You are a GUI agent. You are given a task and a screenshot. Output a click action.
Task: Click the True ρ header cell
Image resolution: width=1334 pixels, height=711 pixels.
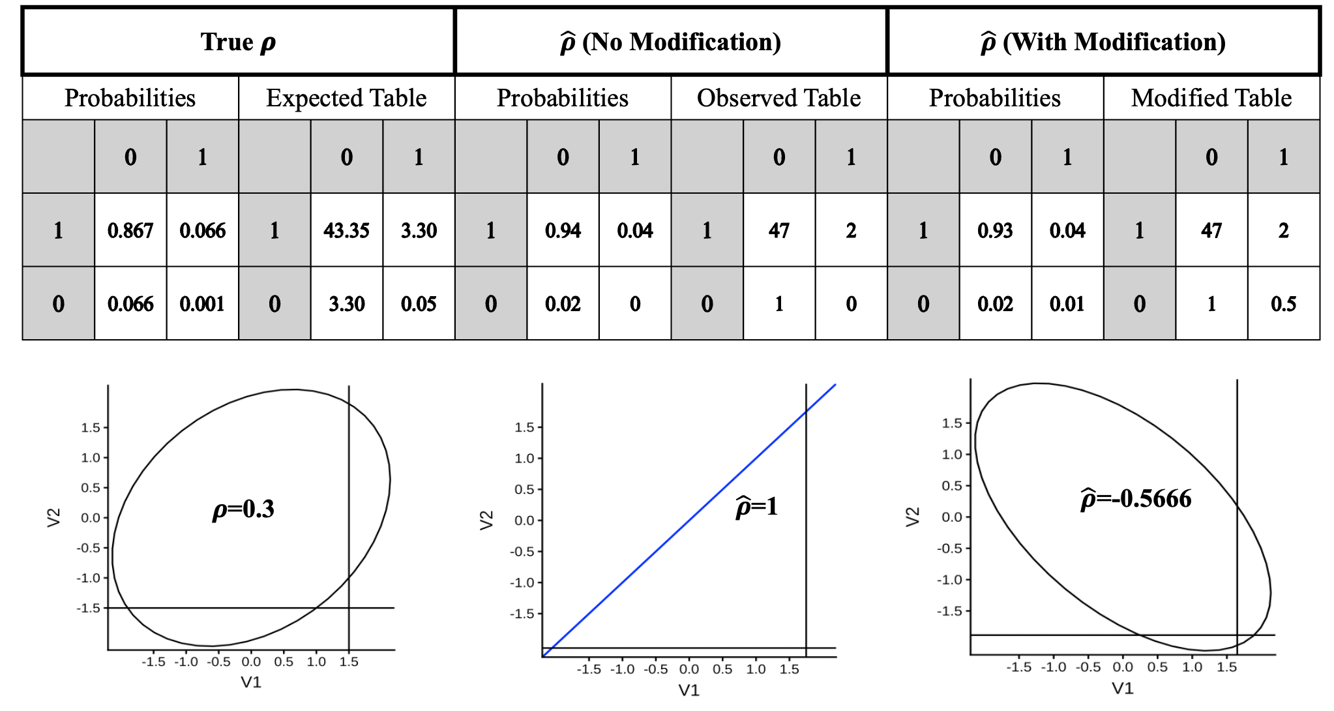(x=238, y=42)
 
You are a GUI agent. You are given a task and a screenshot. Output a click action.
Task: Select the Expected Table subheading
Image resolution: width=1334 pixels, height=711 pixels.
(x=346, y=98)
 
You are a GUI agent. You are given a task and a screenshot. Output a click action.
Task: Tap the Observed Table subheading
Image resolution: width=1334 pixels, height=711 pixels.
(x=778, y=98)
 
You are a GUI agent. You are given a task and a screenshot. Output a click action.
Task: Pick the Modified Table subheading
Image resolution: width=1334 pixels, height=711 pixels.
(x=1211, y=98)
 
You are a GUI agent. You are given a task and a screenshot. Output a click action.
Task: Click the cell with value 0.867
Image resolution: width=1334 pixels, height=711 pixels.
(x=130, y=230)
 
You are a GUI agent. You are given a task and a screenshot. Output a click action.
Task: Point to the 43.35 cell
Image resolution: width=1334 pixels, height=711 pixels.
(x=346, y=230)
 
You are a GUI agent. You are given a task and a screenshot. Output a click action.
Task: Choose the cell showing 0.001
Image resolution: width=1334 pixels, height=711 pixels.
(x=202, y=304)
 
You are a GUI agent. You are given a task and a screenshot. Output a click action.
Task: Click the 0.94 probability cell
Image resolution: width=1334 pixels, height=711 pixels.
(x=563, y=230)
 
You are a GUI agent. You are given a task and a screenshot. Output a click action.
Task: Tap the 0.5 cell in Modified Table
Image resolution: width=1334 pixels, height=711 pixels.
(x=1283, y=304)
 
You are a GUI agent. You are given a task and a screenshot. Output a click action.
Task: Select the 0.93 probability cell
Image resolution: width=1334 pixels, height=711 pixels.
(x=995, y=230)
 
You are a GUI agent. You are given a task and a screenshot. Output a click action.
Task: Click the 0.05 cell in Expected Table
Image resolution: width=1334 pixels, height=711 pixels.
(x=419, y=304)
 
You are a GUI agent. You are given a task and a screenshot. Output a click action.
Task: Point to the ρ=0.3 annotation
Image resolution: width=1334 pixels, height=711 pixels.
(x=243, y=509)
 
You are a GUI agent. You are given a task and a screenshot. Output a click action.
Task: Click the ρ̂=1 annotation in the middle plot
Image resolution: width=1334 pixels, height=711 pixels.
(x=756, y=507)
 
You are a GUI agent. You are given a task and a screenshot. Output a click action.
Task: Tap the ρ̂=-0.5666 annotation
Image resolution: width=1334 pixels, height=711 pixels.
(x=1136, y=499)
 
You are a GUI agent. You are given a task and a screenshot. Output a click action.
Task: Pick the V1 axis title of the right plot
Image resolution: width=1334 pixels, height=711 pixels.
(x=1122, y=688)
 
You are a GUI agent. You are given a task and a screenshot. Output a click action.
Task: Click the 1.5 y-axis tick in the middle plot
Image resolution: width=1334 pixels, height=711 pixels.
(x=524, y=427)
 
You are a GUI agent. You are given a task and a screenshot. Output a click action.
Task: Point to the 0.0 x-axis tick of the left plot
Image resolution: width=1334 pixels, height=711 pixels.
(x=251, y=662)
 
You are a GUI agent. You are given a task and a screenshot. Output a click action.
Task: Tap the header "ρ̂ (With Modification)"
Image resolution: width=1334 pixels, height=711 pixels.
(x=1103, y=42)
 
